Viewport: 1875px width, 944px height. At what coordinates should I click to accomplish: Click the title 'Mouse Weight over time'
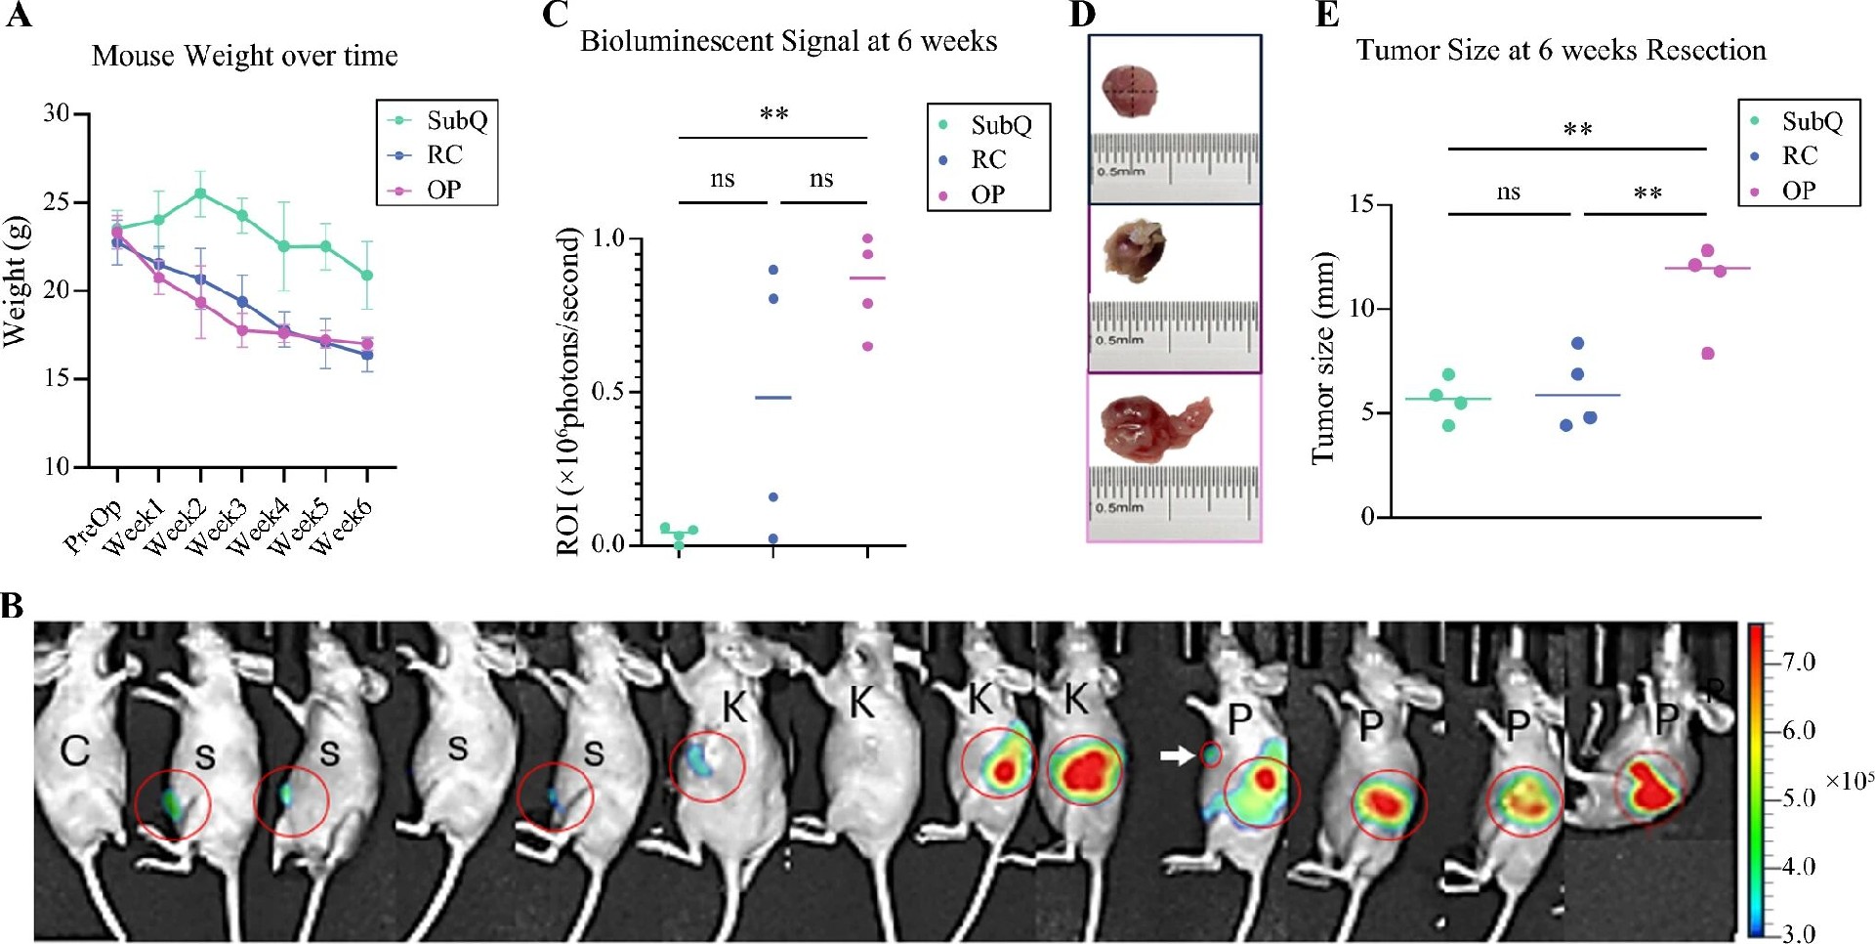tap(244, 56)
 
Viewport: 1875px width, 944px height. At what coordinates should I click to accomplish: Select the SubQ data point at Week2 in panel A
tap(200, 193)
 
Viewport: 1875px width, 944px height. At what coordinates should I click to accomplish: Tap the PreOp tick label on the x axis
tap(92, 526)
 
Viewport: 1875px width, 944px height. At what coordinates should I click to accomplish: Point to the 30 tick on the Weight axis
tap(57, 113)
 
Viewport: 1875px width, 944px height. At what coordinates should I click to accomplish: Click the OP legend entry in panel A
tap(443, 190)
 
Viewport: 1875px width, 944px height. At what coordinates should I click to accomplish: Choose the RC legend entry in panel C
tap(987, 159)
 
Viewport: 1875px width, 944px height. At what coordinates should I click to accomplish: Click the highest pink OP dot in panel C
tap(867, 238)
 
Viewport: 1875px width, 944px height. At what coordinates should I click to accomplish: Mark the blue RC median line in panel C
tap(773, 398)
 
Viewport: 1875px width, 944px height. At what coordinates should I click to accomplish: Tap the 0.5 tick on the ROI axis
tap(608, 391)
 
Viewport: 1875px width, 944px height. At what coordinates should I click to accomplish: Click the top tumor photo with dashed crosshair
tap(1130, 92)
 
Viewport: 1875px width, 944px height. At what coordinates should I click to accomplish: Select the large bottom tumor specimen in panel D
tap(1153, 427)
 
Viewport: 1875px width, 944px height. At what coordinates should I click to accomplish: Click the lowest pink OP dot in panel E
tap(1707, 354)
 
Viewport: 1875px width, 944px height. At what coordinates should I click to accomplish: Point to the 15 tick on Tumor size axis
tap(1362, 204)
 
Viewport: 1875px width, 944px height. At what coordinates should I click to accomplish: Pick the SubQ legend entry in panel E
tap(1812, 121)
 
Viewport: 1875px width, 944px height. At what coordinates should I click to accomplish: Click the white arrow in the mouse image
tap(1177, 755)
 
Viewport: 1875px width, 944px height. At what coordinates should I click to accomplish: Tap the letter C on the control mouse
tap(74, 751)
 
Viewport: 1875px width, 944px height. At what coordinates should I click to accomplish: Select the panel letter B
tap(13, 606)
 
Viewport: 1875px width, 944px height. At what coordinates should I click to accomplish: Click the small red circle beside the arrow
tap(1211, 754)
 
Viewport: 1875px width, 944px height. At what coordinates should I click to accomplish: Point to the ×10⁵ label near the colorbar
tap(1849, 782)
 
